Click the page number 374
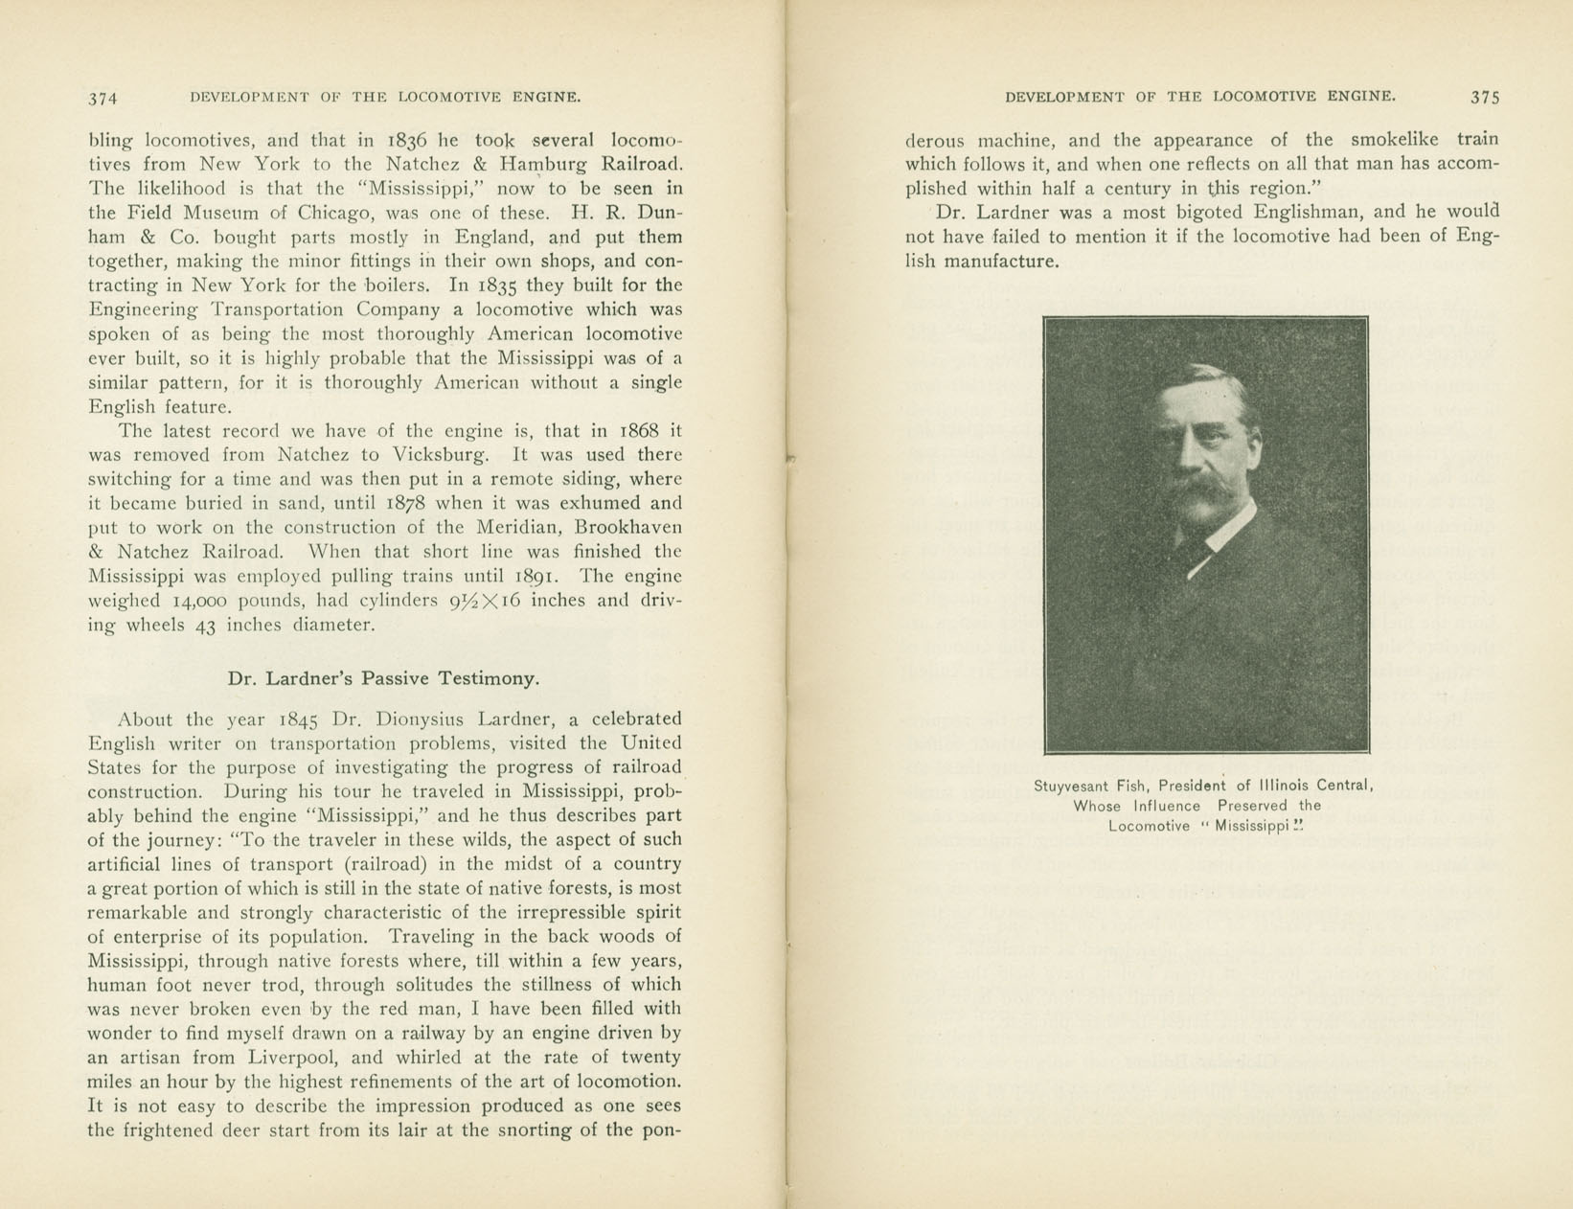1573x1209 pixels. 102,98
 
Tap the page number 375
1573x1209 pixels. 1484,97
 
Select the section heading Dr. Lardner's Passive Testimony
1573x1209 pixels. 383,678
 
